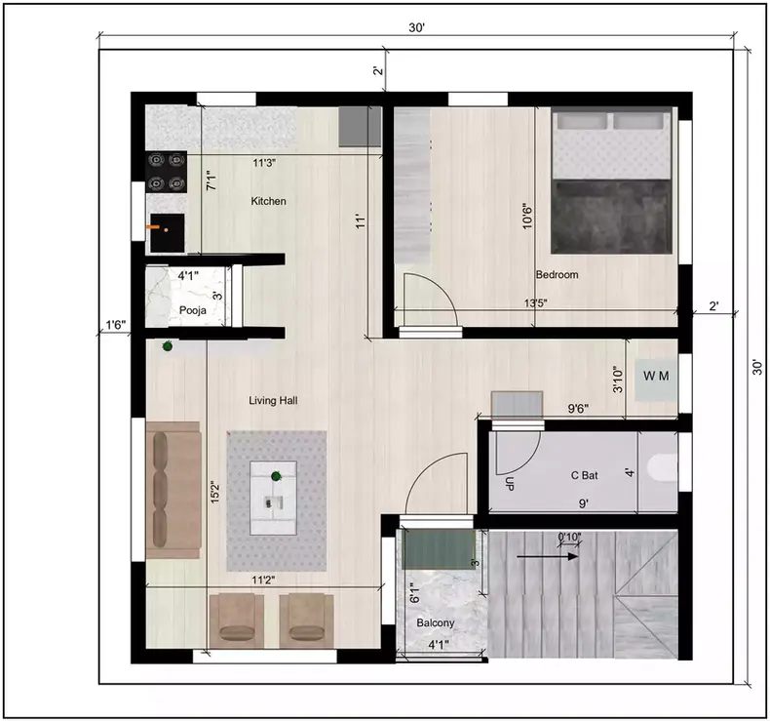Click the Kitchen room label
pos(269,201)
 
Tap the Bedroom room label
pos(557,275)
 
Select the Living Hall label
pos(273,400)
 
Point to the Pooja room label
pos(191,311)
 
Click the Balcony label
pos(436,622)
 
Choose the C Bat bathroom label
pos(584,476)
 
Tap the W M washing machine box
pos(653,375)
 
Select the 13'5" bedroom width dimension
pos(535,303)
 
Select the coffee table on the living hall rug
pos(276,499)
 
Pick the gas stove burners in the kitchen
pos(166,171)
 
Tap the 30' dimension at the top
pos(416,29)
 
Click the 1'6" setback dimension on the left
pos(115,324)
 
